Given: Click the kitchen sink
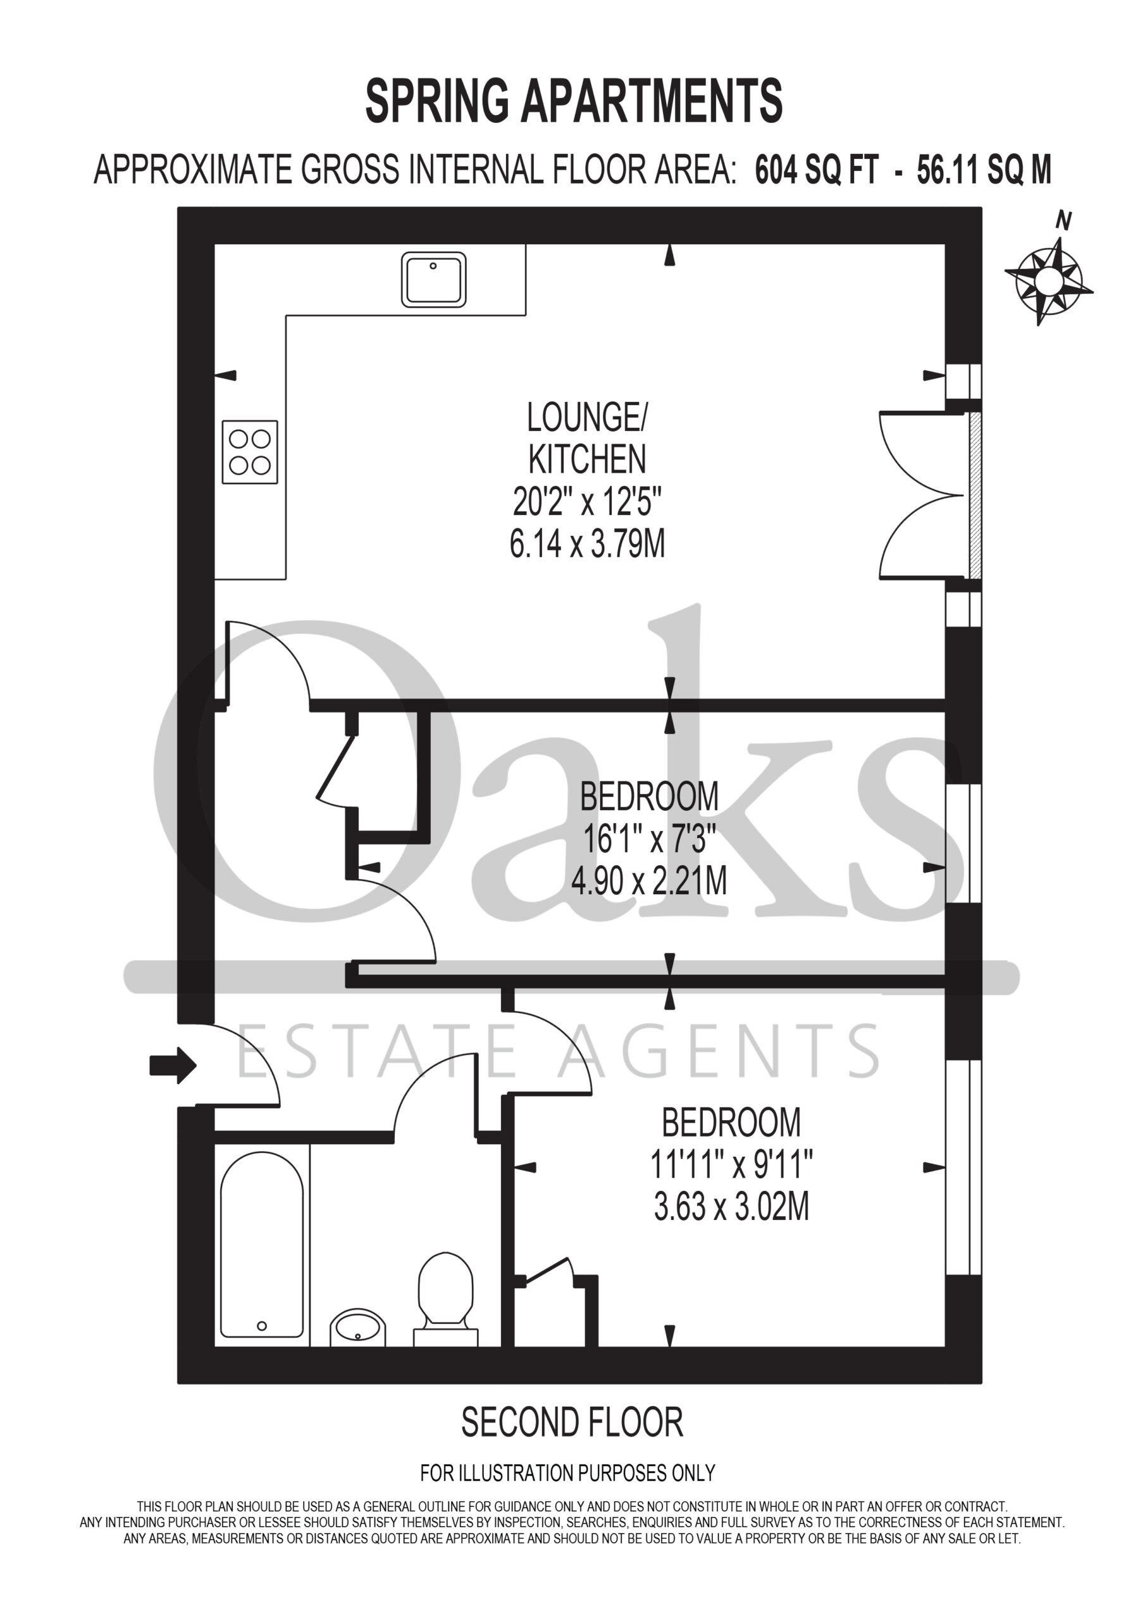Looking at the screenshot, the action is click(x=433, y=280).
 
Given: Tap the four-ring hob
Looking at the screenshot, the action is click(x=250, y=452).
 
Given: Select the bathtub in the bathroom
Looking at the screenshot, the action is click(x=262, y=1245).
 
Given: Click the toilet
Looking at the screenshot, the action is click(x=445, y=1300).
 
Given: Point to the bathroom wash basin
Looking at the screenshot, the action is click(x=357, y=1327).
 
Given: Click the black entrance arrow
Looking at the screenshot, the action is click(x=173, y=1065).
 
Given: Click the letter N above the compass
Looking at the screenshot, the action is click(x=1063, y=221).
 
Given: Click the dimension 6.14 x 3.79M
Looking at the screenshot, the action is click(x=587, y=545).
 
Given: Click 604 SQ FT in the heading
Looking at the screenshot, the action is click(x=817, y=170).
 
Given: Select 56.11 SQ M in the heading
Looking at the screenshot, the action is click(x=984, y=170).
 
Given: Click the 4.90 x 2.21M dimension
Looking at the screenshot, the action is click(x=649, y=882).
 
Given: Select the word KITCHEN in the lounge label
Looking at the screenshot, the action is click(x=587, y=460).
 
